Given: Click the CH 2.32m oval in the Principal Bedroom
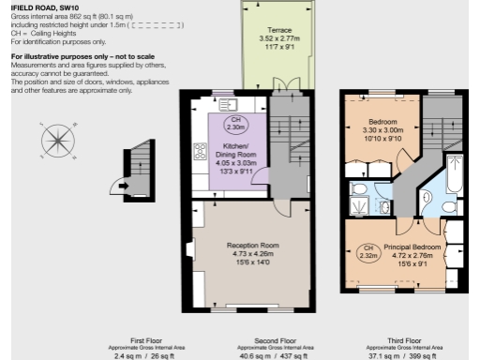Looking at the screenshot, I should [367, 250].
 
